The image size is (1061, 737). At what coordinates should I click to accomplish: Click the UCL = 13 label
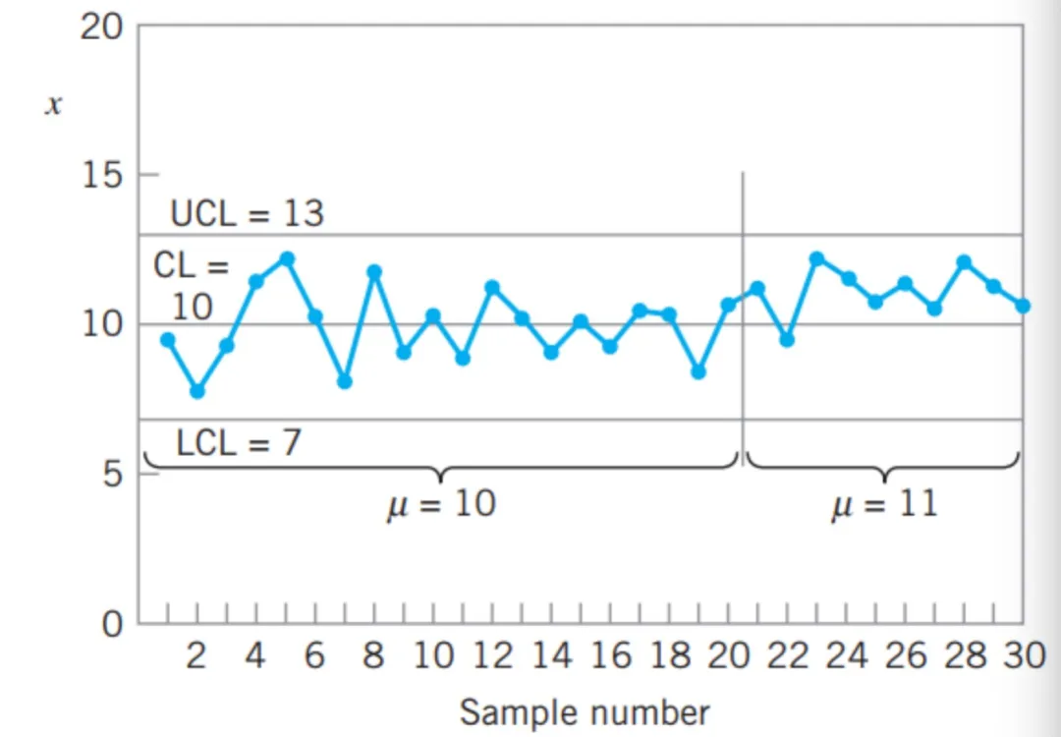(247, 213)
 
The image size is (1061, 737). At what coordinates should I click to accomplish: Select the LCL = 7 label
(239, 443)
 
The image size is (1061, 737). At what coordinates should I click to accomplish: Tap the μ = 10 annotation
(439, 505)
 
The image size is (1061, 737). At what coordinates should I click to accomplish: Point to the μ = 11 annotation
(883, 505)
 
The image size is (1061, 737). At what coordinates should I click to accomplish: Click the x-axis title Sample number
(584, 710)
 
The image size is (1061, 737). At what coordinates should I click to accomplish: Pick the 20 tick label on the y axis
(101, 28)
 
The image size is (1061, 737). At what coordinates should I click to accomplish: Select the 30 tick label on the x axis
(1023, 655)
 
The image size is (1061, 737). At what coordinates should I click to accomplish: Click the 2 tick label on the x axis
(196, 655)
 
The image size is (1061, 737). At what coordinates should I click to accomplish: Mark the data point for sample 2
(196, 390)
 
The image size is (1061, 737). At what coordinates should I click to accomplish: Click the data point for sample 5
(286, 259)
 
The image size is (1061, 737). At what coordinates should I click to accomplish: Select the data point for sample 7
(344, 381)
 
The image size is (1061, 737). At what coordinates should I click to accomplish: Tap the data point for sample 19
(698, 371)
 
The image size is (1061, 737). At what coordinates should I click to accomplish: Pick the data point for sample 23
(816, 259)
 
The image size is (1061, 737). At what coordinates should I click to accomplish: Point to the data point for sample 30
(1023, 306)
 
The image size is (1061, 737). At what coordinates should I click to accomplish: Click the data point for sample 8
(373, 271)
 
